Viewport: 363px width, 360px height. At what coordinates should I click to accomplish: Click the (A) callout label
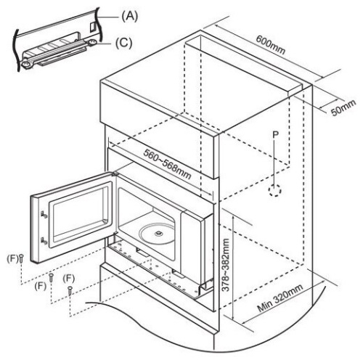click(129, 17)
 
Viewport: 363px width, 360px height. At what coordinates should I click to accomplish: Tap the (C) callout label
click(123, 44)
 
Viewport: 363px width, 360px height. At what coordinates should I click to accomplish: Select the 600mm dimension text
click(271, 45)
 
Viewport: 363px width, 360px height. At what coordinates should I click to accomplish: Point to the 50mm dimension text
click(343, 107)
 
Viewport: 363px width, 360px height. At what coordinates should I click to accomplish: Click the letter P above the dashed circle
click(275, 134)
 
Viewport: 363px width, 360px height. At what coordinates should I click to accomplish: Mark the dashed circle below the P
click(275, 190)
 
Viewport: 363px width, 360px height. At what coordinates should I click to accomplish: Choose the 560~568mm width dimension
click(167, 164)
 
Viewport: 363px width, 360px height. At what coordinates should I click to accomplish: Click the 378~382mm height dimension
click(225, 266)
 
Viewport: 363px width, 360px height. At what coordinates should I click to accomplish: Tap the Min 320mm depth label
click(280, 298)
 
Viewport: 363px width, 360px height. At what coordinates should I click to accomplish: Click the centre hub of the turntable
click(159, 233)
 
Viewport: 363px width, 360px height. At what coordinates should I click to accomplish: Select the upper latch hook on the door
click(44, 215)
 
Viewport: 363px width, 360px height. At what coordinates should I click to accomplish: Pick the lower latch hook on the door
click(44, 241)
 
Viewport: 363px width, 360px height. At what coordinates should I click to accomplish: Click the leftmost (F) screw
click(21, 258)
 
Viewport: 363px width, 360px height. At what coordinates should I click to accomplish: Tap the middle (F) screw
click(51, 278)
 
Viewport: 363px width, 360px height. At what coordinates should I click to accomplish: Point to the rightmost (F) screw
click(70, 290)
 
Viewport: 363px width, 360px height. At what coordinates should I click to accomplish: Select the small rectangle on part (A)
click(93, 27)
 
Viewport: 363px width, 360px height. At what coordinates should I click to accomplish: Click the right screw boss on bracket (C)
click(92, 43)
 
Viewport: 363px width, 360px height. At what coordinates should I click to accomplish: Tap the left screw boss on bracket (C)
click(26, 64)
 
